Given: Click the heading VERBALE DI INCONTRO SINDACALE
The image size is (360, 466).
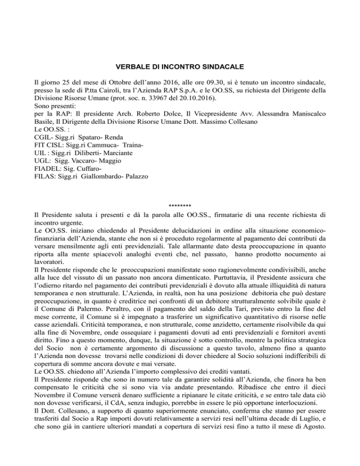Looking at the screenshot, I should [x=180, y=68].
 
